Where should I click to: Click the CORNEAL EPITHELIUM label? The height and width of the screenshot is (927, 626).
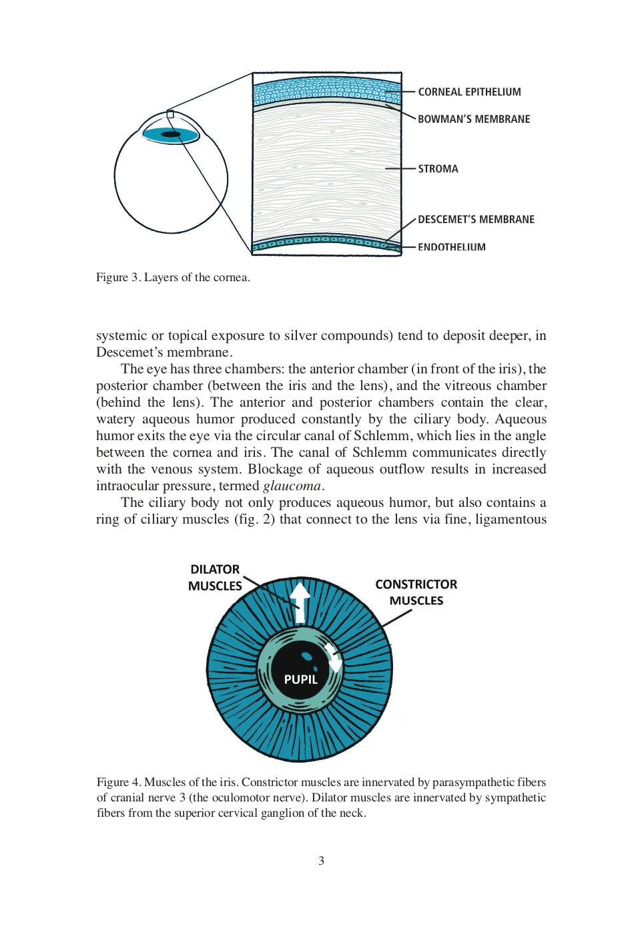pos(469,92)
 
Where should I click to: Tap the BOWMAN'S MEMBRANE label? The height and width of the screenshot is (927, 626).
pos(474,120)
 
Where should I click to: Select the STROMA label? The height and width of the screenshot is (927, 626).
pos(438,169)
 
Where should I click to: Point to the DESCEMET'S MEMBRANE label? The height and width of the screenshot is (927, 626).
pos(476,220)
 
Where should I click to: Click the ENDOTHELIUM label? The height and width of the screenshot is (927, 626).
pos(452,247)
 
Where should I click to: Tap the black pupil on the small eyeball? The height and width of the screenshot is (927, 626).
pos(171,134)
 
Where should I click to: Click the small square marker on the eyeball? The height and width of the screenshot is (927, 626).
pos(170,115)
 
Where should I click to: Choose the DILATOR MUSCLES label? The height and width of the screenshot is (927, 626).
pos(215,578)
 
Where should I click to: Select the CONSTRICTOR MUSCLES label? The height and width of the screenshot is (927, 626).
pos(416,592)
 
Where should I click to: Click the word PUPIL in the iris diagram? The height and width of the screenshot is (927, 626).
pos(300,679)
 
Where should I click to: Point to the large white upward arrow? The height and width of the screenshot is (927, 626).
pos(300,600)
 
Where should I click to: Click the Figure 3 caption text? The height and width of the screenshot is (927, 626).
pos(173,277)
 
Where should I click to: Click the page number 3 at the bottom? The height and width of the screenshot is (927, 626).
pos(321,861)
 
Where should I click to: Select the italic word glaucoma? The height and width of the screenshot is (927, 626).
pos(292,486)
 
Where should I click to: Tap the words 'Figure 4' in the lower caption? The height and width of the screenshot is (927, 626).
pos(118,782)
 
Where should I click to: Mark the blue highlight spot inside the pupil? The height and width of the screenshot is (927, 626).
pos(307,656)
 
